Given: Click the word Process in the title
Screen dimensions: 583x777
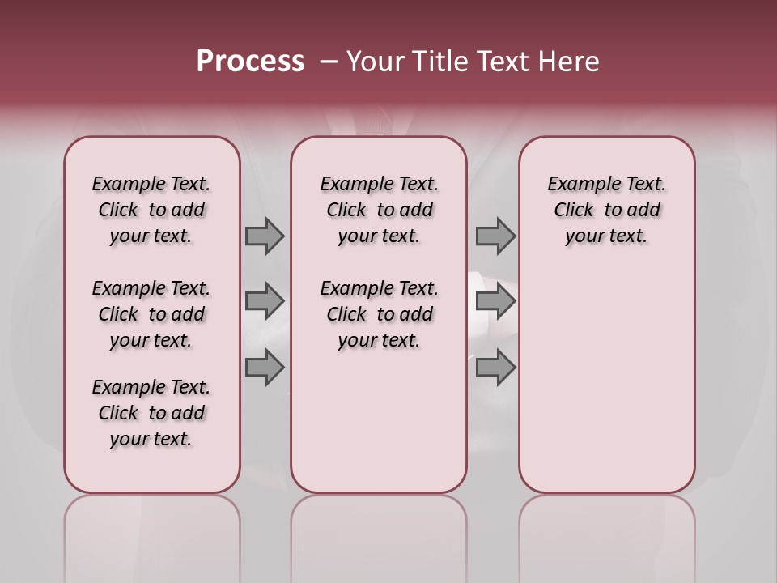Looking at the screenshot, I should tap(250, 62).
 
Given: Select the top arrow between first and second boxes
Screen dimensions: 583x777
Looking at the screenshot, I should tap(265, 236).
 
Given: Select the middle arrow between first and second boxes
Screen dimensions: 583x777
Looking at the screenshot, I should tap(265, 301).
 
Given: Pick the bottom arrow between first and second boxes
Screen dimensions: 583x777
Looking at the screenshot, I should tap(265, 368).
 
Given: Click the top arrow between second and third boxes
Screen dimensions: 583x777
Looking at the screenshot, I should tap(495, 236).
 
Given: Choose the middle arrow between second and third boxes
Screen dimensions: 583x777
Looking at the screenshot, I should tap(495, 301).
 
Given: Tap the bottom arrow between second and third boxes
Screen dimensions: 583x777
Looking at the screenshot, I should tap(495, 368).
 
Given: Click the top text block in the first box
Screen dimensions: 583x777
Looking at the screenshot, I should tap(151, 210).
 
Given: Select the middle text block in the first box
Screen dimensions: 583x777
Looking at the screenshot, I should tap(151, 314).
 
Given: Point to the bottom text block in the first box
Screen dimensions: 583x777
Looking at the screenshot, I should tap(151, 413).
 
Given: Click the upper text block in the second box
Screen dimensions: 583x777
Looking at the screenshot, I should tap(379, 210).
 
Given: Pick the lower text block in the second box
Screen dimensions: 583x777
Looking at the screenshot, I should tap(379, 314).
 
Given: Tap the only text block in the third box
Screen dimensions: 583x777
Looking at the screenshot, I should tap(606, 210).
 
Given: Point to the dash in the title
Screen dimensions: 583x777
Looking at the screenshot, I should tap(329, 62).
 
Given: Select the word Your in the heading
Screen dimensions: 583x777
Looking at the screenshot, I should tap(375, 62).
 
